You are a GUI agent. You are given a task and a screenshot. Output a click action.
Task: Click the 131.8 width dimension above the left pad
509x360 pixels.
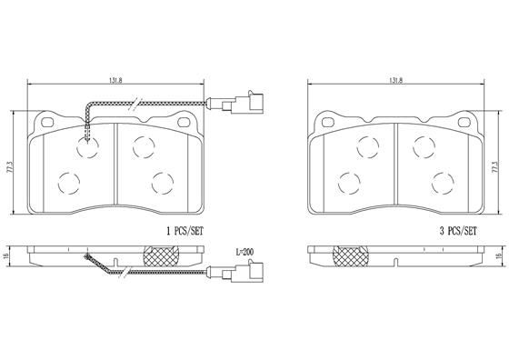[x=115, y=81]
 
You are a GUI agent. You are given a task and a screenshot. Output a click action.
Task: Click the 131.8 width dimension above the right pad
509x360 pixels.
[x=395, y=81]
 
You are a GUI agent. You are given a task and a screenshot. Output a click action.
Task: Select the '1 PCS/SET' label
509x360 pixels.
[x=185, y=231]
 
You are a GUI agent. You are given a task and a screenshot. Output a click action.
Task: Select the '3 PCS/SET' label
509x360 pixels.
[x=458, y=231]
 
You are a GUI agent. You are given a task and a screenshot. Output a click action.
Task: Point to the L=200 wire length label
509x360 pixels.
[x=245, y=252]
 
